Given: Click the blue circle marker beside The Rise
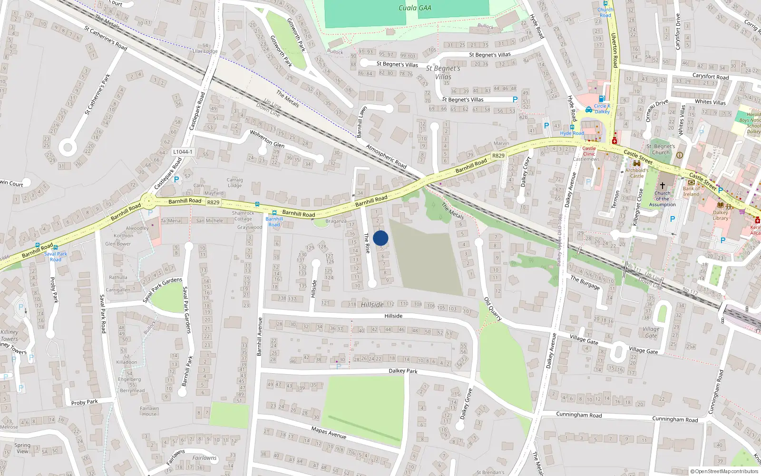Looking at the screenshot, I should click(380, 238).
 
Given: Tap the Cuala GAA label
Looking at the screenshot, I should click(415, 8).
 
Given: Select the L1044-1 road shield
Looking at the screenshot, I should click(183, 152).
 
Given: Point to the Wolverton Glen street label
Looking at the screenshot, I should click(267, 139).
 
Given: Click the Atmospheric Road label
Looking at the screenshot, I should click(386, 156).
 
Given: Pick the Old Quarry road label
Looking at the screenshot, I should click(493, 308).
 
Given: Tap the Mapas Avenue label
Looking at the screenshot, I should click(329, 432).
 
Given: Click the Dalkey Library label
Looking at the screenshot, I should click(721, 215).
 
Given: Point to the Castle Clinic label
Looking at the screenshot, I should click(589, 151).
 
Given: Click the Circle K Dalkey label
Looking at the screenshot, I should click(602, 109).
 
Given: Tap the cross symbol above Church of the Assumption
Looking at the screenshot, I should click(662, 185).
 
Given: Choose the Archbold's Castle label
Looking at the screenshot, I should click(637, 173).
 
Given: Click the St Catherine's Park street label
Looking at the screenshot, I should click(97, 94).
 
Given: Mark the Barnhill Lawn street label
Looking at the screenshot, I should click(361, 122).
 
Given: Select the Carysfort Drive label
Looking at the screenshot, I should click(678, 31).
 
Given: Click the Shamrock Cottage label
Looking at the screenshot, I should click(243, 216).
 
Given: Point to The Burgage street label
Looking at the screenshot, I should click(585, 282).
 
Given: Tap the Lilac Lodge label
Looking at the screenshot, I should click(205, 51).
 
